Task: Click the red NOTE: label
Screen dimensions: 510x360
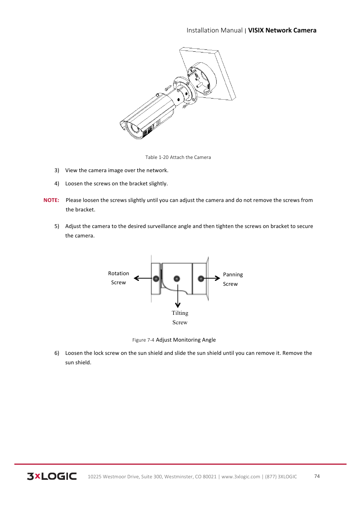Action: (x=51, y=200)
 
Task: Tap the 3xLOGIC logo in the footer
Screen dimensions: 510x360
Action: (x=52, y=476)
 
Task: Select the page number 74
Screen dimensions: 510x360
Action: (x=317, y=476)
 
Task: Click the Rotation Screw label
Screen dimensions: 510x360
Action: (x=118, y=278)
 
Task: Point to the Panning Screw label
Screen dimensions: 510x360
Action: (x=232, y=279)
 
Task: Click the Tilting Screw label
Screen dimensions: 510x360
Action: (x=180, y=317)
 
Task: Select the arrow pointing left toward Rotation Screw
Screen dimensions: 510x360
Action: (x=142, y=278)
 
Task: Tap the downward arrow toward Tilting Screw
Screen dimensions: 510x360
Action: (x=178, y=296)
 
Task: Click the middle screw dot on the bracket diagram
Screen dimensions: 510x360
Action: (x=177, y=279)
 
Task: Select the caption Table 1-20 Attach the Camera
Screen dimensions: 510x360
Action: (x=178, y=157)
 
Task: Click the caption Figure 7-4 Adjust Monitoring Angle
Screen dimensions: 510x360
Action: (x=174, y=340)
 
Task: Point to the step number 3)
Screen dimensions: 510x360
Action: (x=57, y=170)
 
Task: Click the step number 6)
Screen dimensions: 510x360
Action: (x=57, y=353)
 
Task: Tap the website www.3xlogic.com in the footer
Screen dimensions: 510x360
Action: (x=240, y=477)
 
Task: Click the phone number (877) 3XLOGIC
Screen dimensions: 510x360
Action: (x=281, y=477)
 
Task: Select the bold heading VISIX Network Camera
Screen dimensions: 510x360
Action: (x=282, y=30)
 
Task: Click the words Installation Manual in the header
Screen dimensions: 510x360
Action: (x=214, y=30)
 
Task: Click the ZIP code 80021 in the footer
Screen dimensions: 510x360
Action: (x=209, y=477)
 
